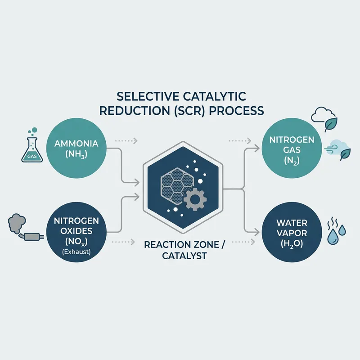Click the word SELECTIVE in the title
click(136, 96)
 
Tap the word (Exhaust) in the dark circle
click(77, 252)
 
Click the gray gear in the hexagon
click(194, 198)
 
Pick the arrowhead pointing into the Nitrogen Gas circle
click(257, 148)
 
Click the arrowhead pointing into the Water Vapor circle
click(257, 232)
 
